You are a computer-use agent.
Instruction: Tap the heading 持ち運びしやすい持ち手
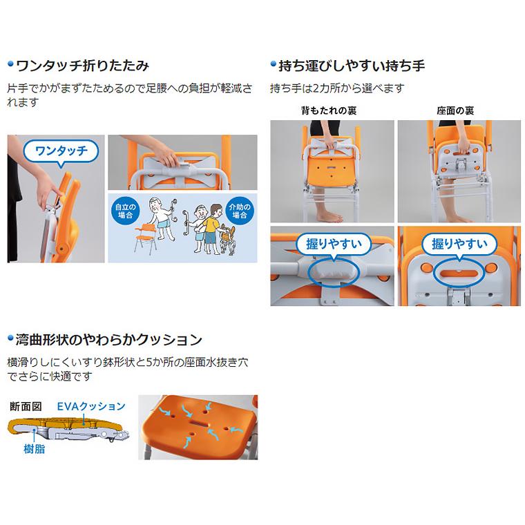[352, 67]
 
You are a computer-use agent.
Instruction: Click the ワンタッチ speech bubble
[57, 151]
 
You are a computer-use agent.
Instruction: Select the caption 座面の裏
[455, 111]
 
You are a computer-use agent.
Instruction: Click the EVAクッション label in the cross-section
[91, 405]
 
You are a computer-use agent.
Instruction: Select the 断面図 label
[26, 406]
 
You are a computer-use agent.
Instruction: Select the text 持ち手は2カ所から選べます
[336, 88]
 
